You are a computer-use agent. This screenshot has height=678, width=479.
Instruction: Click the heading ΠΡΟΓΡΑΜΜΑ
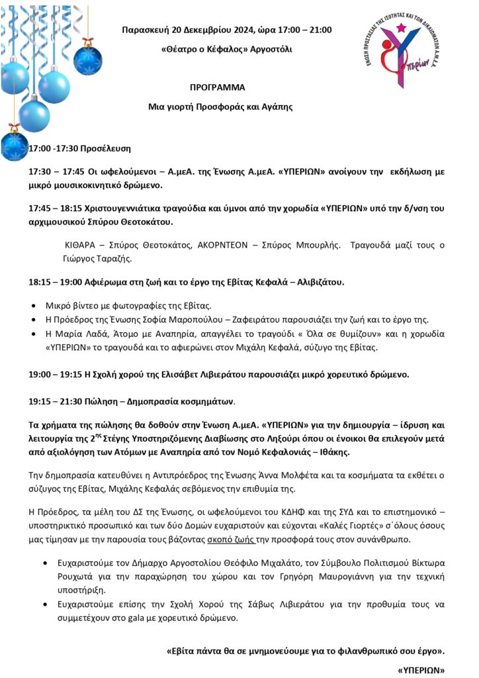point(218,87)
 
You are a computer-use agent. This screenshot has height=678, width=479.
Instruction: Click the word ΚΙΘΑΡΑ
point(81,245)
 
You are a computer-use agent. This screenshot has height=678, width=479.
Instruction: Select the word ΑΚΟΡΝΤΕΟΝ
point(224,245)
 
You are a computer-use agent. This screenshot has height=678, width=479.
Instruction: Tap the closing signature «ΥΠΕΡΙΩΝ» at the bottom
point(421,670)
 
